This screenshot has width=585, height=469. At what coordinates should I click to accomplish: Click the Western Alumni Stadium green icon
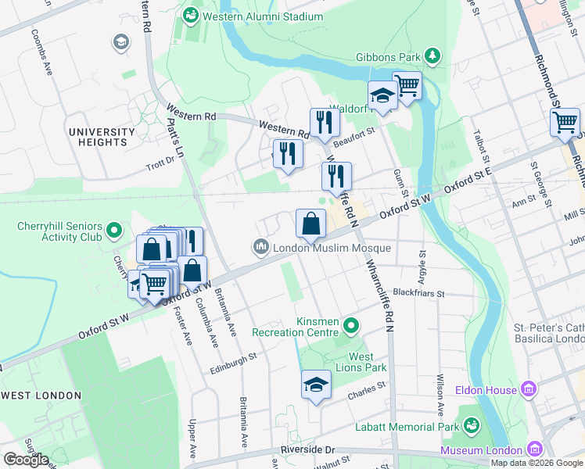pyautogui.click(x=190, y=16)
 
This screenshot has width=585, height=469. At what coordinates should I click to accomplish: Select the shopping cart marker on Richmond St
pyautogui.click(x=565, y=123)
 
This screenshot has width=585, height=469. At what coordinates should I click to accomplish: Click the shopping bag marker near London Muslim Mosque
pyautogui.click(x=310, y=224)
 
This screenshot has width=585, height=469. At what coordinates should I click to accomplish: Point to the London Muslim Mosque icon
pyautogui.click(x=260, y=248)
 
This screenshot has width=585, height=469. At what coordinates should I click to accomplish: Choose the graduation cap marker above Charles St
pyautogui.click(x=316, y=385)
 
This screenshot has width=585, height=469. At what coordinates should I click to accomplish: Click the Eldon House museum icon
pyautogui.click(x=529, y=389)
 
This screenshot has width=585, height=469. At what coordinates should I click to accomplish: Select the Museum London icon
pyautogui.click(x=535, y=449)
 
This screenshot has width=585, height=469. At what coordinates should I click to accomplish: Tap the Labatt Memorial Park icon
pyautogui.click(x=471, y=425)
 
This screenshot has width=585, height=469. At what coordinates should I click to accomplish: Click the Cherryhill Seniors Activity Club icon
pyautogui.click(x=114, y=231)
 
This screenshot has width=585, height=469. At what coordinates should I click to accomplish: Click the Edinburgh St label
pyautogui.click(x=235, y=359)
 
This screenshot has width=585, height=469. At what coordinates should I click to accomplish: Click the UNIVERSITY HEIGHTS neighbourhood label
pyautogui.click(x=102, y=137)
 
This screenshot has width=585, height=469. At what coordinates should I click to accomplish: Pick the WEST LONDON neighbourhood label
pyautogui.click(x=41, y=396)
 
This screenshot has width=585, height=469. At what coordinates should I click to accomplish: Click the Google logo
pyautogui.click(x=25, y=460)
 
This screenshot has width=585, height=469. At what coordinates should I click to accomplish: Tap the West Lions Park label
pyautogui.click(x=368, y=362)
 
